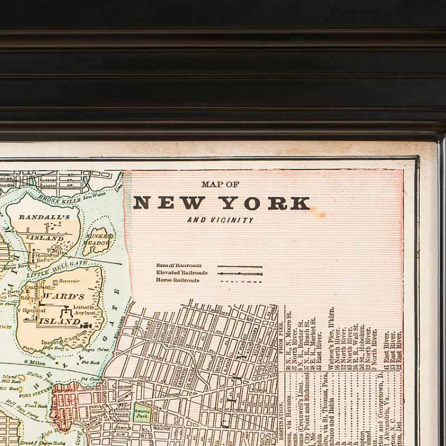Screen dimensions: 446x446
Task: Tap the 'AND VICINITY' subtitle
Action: [x=220, y=220]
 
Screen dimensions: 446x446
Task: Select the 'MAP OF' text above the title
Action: [x=220, y=184]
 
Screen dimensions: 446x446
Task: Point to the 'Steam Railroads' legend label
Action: [x=179, y=266]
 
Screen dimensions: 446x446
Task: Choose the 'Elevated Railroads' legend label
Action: [x=182, y=273]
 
